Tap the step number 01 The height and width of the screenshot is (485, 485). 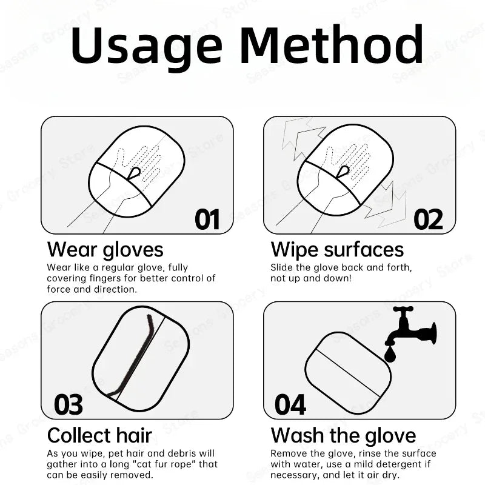click(207, 219)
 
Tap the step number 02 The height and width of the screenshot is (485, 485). click(428, 219)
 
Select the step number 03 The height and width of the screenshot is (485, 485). click(69, 404)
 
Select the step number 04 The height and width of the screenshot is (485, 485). click(290, 404)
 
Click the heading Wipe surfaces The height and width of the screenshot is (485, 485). click(337, 249)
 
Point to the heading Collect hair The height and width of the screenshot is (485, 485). click(100, 435)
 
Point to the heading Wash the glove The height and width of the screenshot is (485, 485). click(343, 435)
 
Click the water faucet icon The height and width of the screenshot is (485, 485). click(412, 327)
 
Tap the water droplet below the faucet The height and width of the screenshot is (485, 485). click(390, 354)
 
